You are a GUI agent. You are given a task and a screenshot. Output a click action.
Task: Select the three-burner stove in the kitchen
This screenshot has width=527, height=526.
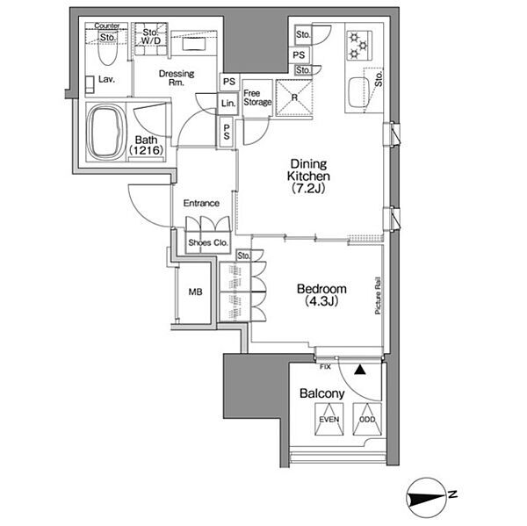click(359, 46)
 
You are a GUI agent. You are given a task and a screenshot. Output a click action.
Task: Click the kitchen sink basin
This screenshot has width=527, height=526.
click(359, 92)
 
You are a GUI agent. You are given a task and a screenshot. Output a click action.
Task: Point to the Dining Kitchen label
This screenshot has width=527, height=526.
click(308, 177)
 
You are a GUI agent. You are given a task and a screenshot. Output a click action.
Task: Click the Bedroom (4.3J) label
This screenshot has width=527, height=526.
click(321, 295)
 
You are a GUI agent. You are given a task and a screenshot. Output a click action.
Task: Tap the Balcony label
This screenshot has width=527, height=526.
click(322, 393)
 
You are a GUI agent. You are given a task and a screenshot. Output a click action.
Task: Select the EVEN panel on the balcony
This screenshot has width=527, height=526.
click(329, 419)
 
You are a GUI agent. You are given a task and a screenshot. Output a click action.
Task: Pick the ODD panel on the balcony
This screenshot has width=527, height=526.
click(367, 419)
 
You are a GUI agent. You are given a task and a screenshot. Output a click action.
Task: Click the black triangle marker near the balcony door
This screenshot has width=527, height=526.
click(360, 370)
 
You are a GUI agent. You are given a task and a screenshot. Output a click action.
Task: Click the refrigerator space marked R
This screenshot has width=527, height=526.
click(294, 97)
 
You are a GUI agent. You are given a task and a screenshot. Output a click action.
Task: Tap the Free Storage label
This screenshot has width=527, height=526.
click(257, 97)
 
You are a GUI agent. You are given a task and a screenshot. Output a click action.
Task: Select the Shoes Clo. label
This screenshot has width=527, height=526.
click(208, 242)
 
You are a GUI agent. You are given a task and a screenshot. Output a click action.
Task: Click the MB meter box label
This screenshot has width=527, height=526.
click(195, 292)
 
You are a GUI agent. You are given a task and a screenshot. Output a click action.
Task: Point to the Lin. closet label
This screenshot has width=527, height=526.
click(228, 104)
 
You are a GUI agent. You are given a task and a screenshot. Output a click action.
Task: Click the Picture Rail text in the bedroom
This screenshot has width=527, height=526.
click(378, 296)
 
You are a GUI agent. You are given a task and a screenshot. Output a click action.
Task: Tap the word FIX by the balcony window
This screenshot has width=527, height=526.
click(325, 367)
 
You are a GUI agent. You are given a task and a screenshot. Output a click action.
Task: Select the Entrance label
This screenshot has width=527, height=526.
click(201, 203)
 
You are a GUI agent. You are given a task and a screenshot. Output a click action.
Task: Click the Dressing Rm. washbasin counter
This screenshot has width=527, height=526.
click(193, 44)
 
